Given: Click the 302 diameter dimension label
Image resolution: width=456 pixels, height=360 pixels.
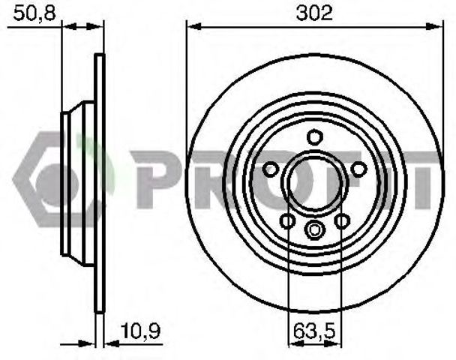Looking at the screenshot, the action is click(x=314, y=13).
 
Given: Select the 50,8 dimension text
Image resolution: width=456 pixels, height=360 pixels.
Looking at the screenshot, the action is click(x=34, y=13).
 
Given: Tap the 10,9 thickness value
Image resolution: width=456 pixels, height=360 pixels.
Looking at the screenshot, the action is click(x=140, y=331).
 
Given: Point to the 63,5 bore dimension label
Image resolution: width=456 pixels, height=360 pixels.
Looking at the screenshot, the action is click(x=314, y=331).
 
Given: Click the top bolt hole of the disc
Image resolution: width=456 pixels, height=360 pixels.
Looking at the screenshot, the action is click(x=315, y=137).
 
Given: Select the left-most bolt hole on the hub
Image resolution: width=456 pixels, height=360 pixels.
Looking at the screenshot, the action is click(x=270, y=169).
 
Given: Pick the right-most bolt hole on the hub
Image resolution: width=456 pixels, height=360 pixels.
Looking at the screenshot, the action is click(x=358, y=169).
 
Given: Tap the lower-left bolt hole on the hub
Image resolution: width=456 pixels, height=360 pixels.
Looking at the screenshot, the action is click(x=287, y=220).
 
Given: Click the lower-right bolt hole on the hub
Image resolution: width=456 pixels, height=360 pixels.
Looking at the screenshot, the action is click(x=342, y=221).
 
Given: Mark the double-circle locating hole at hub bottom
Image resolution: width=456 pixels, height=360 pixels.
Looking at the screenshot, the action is click(x=315, y=229).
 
